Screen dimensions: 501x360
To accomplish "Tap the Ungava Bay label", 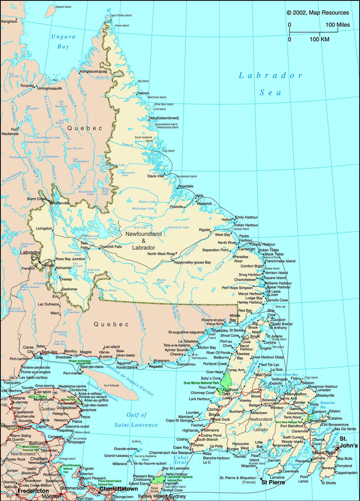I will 61,41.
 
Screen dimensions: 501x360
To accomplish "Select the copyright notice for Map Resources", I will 318,13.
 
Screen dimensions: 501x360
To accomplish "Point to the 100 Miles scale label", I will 337,25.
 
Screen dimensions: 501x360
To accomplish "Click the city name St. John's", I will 349,442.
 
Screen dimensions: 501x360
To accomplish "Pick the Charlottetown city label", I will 119,489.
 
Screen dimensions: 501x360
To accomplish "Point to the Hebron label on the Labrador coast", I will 143,93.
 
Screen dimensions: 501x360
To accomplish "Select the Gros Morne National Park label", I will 201,383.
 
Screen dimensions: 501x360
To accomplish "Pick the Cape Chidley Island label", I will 121,16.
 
